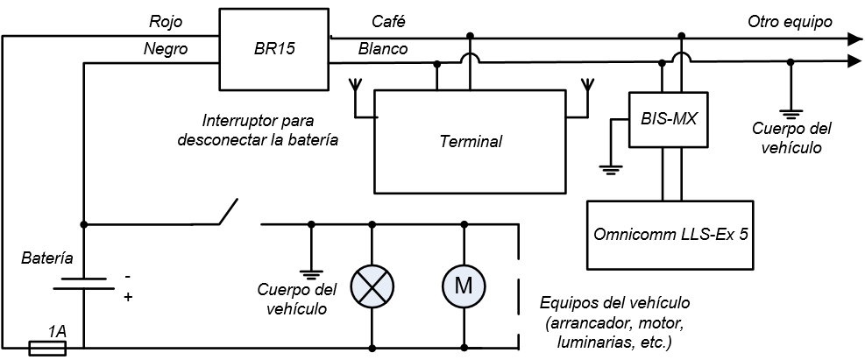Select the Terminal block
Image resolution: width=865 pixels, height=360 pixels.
(x=471, y=141)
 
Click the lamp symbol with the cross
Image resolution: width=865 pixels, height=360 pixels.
(x=373, y=285)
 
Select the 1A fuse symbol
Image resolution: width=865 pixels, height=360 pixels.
(x=48, y=349)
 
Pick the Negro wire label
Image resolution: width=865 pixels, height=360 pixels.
(x=167, y=49)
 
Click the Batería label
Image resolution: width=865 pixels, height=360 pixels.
(x=46, y=258)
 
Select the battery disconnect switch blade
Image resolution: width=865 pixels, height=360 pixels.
(x=230, y=211)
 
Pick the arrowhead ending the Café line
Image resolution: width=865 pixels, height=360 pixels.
(x=850, y=38)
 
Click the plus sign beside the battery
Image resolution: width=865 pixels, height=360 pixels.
(x=128, y=297)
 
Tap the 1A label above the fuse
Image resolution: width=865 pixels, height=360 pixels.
(x=58, y=332)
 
